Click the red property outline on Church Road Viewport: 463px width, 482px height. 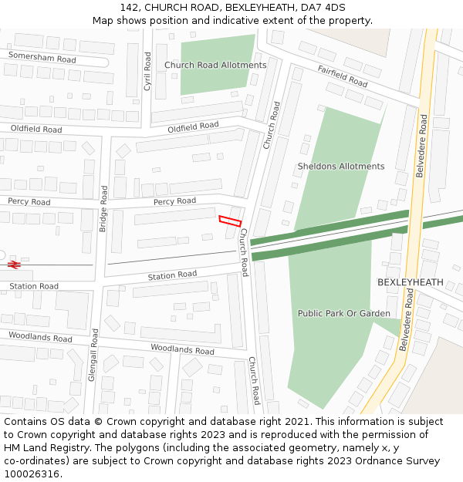tap(230, 221)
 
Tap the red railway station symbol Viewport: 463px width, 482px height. tap(13, 265)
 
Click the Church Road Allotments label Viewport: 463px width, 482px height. tap(215, 66)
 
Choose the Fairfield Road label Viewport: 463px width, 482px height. tap(343, 75)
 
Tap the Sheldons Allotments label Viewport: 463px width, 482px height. tap(341, 167)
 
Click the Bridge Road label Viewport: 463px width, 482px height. tap(103, 208)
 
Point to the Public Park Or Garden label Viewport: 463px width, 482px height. tap(344, 314)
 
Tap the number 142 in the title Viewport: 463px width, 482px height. tap(129, 7)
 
